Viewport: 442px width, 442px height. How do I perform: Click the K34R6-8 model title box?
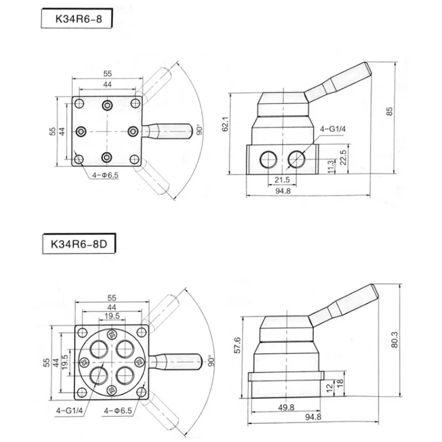click(x=77, y=18)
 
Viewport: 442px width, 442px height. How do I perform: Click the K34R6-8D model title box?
click(x=79, y=244)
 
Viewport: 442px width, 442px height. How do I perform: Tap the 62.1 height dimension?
click(x=225, y=124)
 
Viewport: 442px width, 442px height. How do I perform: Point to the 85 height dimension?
click(x=390, y=111)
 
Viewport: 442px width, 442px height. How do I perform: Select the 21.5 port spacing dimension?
click(x=282, y=180)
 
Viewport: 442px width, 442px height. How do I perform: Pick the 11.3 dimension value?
click(x=331, y=166)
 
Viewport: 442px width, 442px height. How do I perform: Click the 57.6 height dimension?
click(x=238, y=345)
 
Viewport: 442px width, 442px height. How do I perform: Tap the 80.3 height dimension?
click(x=394, y=339)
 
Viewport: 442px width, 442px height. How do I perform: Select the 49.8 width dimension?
click(x=286, y=407)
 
